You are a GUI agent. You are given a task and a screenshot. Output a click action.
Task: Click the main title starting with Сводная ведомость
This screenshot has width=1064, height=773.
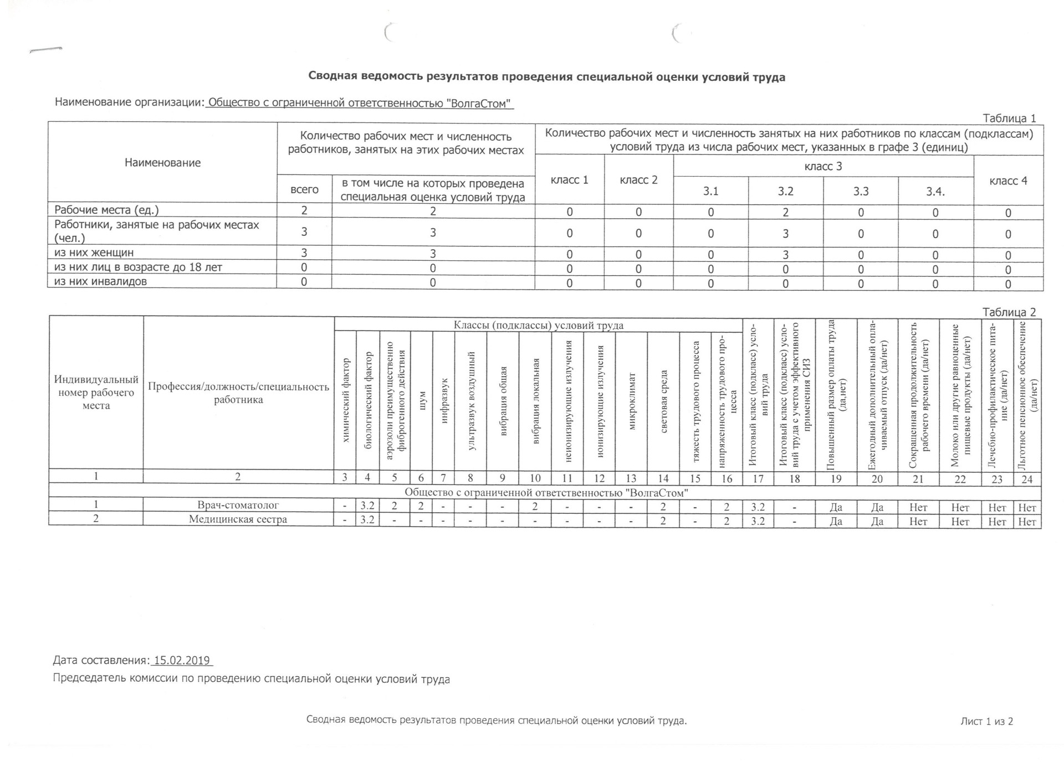pyautogui.click(x=546, y=77)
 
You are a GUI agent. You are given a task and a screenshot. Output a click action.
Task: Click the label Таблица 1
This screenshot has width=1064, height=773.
pyautogui.click(x=1009, y=118)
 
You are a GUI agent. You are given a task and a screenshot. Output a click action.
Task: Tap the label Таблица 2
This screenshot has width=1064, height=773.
pyautogui.click(x=1009, y=312)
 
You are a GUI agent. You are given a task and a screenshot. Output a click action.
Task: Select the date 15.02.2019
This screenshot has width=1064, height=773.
pyautogui.click(x=182, y=660)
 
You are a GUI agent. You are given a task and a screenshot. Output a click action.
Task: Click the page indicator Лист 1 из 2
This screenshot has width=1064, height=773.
pyautogui.click(x=986, y=721)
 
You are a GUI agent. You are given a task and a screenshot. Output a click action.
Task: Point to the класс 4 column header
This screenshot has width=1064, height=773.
pyautogui.click(x=1008, y=181)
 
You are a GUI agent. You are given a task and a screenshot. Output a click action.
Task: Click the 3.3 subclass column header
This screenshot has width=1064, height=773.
pyautogui.click(x=861, y=191)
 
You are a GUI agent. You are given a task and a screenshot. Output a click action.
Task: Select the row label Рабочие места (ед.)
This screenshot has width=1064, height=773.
pyautogui.click(x=106, y=210)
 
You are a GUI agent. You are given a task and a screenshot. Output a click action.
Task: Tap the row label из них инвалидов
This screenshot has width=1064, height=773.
pyautogui.click(x=101, y=281)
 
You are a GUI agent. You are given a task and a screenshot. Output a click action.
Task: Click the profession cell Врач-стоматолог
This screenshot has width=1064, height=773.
pyautogui.click(x=238, y=505)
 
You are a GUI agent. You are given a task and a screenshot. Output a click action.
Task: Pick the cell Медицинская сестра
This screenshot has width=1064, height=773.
pyautogui.click(x=238, y=519)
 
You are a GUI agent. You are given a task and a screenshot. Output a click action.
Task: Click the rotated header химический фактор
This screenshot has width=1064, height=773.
pyautogui.click(x=346, y=400)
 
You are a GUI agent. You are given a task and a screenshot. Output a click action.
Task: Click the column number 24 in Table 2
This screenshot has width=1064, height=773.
pyautogui.click(x=1027, y=479)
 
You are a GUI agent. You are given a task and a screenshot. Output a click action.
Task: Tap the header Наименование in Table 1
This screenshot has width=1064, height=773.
pyautogui.click(x=162, y=163)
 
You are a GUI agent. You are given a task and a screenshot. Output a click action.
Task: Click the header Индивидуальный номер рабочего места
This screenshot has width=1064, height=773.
pyautogui.click(x=96, y=393)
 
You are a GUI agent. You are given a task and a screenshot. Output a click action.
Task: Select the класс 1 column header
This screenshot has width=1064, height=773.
pyautogui.click(x=569, y=180)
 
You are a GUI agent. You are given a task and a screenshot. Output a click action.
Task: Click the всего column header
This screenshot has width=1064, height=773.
pyautogui.click(x=304, y=189)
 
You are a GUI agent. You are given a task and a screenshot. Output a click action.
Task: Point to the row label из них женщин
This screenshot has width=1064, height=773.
pyautogui.click(x=94, y=252)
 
